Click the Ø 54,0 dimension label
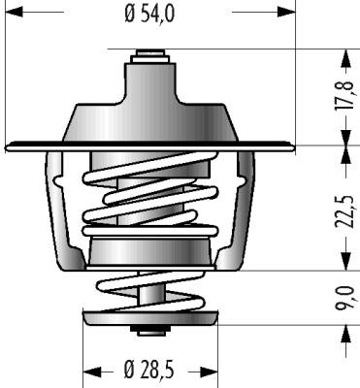(149, 14)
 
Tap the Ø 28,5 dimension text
(149, 370)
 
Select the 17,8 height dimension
(344, 96)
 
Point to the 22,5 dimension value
(344, 211)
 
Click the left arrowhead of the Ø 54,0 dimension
(15, 13)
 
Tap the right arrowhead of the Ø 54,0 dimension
(287, 13)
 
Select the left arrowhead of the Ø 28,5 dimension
(92, 371)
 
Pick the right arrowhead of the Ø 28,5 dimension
(210, 371)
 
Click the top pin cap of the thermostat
(150, 56)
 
